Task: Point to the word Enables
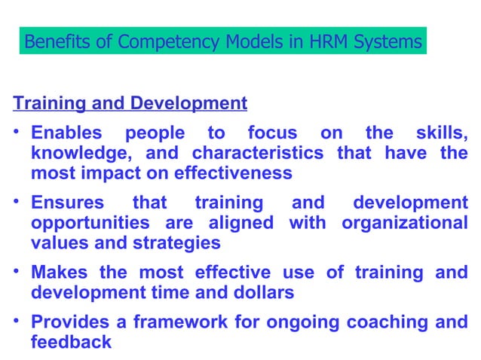[66, 133]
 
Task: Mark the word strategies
[175, 243]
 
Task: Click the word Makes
[59, 273]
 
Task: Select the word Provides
[68, 322]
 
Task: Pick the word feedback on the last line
[71, 342]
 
